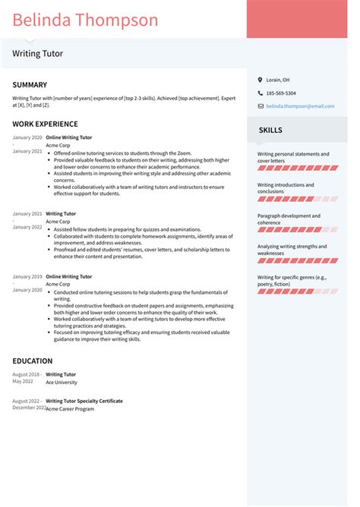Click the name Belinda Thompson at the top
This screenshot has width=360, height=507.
(85, 20)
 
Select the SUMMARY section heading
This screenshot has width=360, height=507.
(30, 85)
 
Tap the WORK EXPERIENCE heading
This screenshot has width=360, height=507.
(45, 124)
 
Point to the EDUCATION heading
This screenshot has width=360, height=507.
(33, 361)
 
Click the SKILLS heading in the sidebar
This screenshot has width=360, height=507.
(270, 130)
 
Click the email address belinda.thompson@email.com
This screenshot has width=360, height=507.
(299, 107)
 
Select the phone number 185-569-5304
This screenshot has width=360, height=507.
(281, 93)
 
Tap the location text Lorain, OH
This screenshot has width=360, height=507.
(277, 80)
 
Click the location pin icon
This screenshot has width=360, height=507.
(260, 80)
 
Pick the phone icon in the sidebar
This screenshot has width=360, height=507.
(260, 93)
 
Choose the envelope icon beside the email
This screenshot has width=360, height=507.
(260, 107)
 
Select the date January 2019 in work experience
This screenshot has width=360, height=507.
(27, 276)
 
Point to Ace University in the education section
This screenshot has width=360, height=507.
(62, 383)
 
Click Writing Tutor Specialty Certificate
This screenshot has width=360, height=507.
(84, 401)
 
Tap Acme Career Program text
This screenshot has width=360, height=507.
(70, 409)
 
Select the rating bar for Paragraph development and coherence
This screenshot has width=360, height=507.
(298, 229)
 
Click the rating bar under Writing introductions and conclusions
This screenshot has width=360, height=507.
(298, 198)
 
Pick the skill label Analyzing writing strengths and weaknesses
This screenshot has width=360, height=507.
(292, 250)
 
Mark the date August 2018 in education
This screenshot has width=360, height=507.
(27, 374)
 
